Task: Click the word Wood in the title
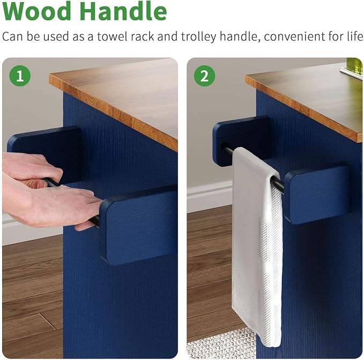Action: click(36, 11)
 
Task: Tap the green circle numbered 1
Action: click(20, 76)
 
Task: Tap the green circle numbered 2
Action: click(205, 76)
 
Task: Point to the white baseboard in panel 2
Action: click(209, 197)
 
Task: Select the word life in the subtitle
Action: click(355, 36)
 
